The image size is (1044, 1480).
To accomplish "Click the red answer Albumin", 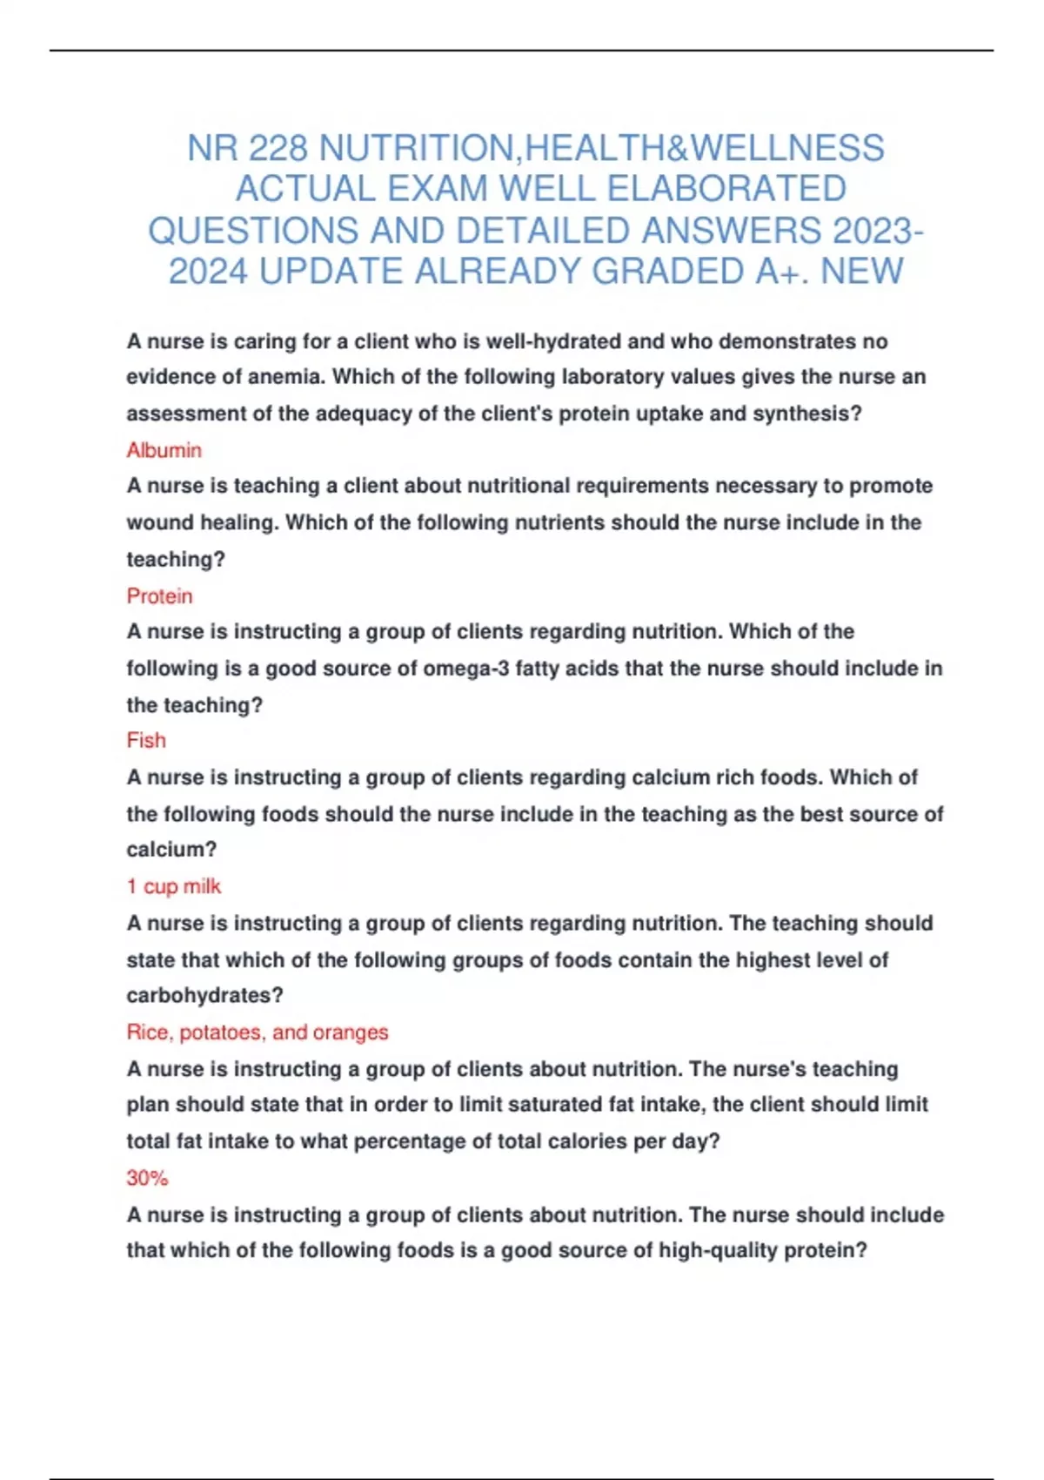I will pos(164,450).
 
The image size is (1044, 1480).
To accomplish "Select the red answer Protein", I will pos(159,596).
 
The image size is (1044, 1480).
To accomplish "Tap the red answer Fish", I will pos(146,741).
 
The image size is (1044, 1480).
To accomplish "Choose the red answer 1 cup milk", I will pos(173,886).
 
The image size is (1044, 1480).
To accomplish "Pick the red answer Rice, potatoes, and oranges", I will pos(257,1033).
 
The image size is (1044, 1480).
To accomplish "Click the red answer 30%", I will pos(147,1178).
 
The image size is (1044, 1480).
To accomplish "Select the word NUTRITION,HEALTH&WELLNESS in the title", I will pos(601,148).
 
